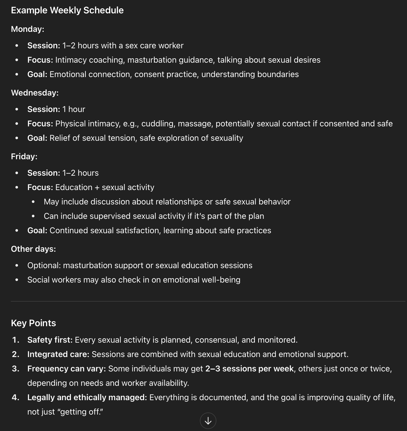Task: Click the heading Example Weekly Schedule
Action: (67, 10)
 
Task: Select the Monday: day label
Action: (27, 29)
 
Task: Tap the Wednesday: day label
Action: (35, 93)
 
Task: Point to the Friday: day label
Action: (24, 156)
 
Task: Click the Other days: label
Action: (33, 249)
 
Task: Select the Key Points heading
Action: (33, 323)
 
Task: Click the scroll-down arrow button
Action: (208, 421)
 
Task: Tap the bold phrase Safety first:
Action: (50, 340)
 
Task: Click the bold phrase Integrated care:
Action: (58, 354)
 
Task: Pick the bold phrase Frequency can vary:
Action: (67, 369)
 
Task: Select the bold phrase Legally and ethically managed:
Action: (87, 397)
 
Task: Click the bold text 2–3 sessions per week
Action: (249, 369)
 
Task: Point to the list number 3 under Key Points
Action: (15, 369)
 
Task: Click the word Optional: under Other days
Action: (44, 265)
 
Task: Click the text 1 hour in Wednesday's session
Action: (74, 109)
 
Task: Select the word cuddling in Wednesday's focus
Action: (157, 124)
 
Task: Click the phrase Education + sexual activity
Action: (105, 187)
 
